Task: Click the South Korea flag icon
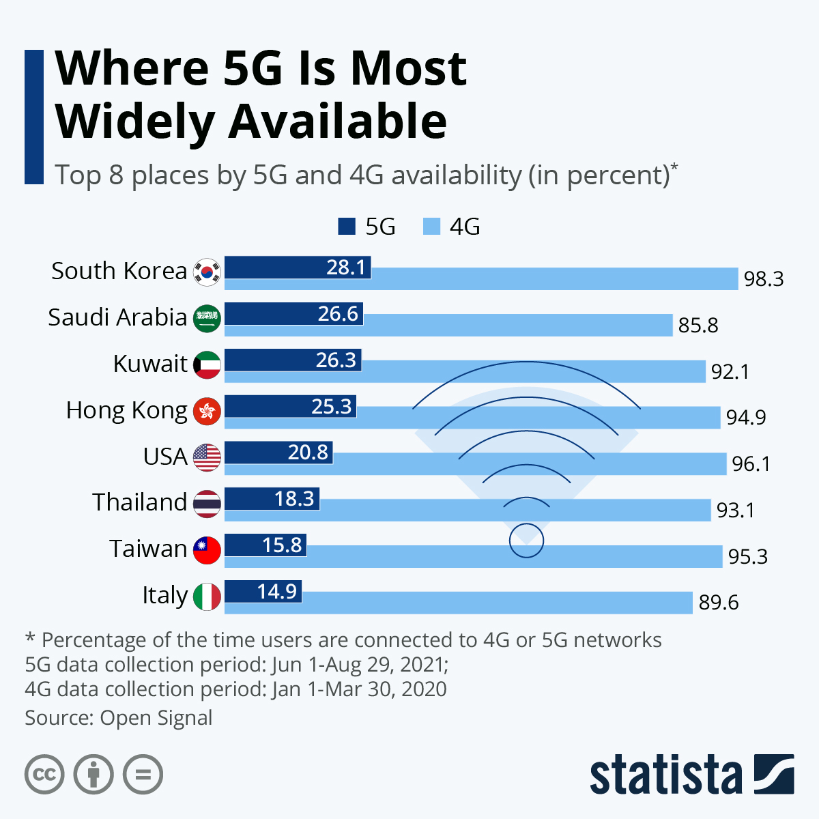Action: coord(207,272)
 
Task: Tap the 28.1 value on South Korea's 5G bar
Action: coord(347,267)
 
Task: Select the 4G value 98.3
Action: coord(763,279)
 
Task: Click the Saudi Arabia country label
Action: coord(117,317)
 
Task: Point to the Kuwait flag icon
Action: coord(207,364)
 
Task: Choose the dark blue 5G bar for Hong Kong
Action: coord(290,406)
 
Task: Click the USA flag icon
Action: coord(207,457)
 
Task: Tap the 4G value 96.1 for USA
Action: coord(751,464)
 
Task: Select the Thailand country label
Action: coord(140,502)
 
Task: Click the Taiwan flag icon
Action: coord(207,549)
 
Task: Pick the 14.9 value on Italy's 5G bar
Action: coord(277,591)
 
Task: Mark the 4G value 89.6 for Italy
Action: coord(718,603)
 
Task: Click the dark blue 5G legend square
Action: coord(347,227)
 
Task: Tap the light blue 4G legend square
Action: coord(431,227)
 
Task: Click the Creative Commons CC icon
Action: coord(44,775)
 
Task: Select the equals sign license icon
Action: coord(143,775)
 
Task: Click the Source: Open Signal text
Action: coord(119,718)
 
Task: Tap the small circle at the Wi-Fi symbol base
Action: coord(526,541)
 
